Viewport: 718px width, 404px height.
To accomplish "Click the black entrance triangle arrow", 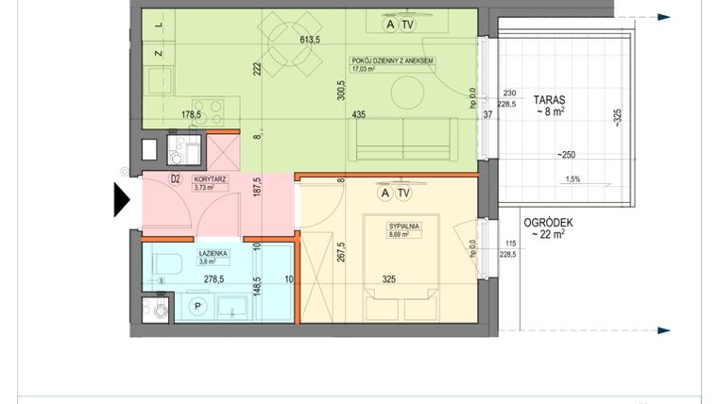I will pyautogui.click(x=122, y=200).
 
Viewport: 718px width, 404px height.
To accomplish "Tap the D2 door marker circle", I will pyautogui.click(x=176, y=178).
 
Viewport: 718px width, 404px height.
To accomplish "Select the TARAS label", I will pyautogui.click(x=549, y=98).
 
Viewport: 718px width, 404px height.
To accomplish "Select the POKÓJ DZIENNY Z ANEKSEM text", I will pyautogui.click(x=391, y=60).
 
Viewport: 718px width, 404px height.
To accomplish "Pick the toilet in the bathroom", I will pyautogui.click(x=165, y=262).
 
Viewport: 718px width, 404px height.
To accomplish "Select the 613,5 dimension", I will pyautogui.click(x=312, y=41).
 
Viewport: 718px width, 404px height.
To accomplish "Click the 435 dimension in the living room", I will pyautogui.click(x=358, y=114).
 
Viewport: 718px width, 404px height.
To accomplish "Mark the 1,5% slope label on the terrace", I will pyautogui.click(x=573, y=178).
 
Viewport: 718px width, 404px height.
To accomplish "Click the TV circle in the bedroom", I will pyautogui.click(x=403, y=193).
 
